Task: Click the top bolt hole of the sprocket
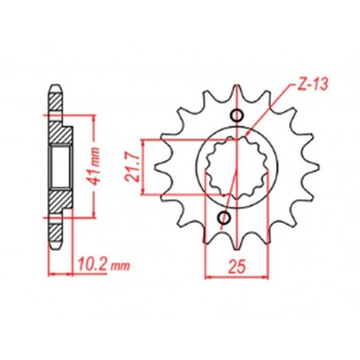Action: (x=234, y=115)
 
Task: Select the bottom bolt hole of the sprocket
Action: (x=225, y=217)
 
